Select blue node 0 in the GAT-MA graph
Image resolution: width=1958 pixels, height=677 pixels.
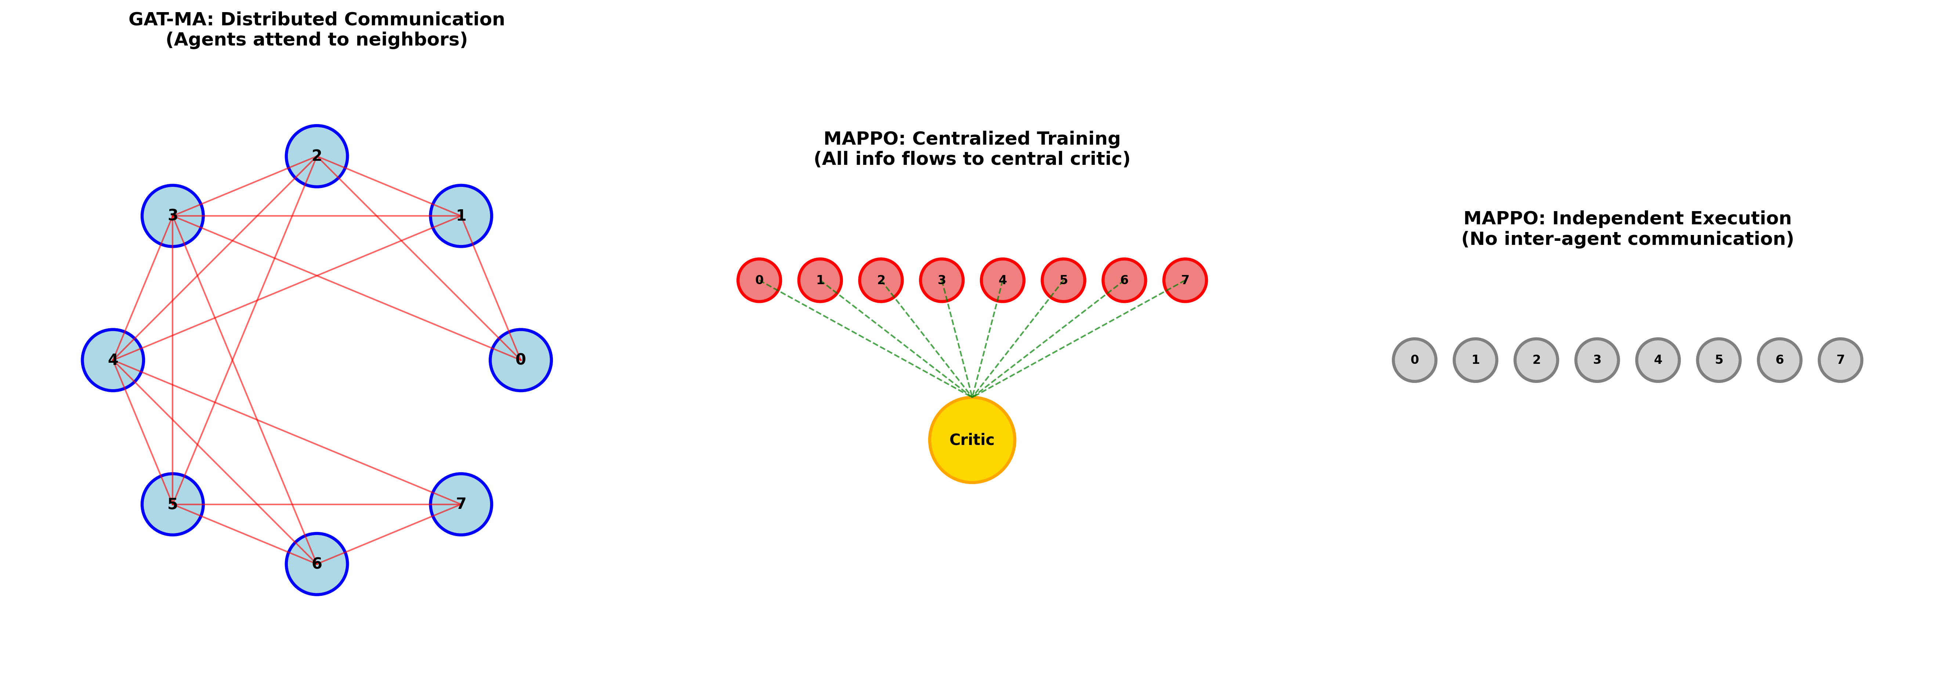[x=521, y=360]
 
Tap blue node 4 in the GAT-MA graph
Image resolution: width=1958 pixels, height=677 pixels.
[x=112, y=360]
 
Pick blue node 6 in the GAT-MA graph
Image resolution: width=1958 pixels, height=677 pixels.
[x=317, y=564]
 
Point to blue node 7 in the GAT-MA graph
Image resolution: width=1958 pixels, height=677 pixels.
[x=461, y=504]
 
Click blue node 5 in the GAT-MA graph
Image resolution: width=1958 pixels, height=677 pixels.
[x=173, y=504]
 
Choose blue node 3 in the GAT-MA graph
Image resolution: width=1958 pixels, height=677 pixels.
[x=173, y=216]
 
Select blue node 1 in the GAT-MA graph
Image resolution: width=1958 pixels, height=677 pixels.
[x=461, y=216]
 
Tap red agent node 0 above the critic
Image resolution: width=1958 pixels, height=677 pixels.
[x=759, y=280]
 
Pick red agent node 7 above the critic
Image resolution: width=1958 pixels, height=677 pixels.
[x=1185, y=280]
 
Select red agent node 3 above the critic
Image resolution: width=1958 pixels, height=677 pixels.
[x=942, y=280]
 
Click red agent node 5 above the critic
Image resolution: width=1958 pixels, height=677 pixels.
[x=1063, y=280]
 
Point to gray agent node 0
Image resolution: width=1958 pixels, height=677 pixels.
[x=1415, y=360]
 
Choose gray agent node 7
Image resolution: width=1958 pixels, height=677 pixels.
[x=1840, y=360]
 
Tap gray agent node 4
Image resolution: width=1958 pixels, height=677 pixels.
[x=1658, y=360]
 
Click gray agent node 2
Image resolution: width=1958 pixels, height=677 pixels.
[x=1536, y=360]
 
